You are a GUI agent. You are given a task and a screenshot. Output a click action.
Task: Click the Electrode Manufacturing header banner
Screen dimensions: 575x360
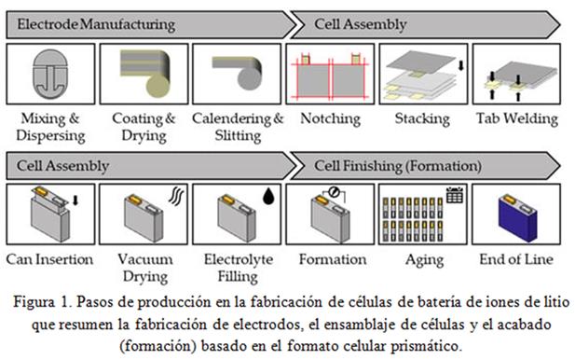[x=150, y=24]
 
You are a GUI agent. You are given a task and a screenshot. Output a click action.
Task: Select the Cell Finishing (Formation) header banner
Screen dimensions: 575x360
[x=425, y=166]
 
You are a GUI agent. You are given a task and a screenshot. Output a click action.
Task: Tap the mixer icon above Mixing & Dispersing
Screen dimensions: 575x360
[x=50, y=74]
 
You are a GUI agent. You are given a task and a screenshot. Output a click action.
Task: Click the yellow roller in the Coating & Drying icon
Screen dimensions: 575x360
[x=158, y=86]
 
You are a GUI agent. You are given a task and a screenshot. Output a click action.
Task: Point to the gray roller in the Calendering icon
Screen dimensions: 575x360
[x=250, y=78]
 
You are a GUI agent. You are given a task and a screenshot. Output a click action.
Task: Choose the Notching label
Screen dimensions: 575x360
[x=331, y=118]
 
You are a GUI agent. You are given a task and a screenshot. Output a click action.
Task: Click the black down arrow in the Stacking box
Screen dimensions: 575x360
[x=461, y=65]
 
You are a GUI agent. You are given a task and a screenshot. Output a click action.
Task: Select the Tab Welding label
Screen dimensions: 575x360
[x=517, y=118]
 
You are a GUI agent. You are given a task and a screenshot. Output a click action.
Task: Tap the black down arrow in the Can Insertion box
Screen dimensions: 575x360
[x=75, y=201]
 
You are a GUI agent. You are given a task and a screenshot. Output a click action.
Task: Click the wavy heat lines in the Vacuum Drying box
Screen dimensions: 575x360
[x=176, y=196]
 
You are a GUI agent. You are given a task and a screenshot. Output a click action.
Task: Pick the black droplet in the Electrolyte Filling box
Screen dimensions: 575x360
[x=268, y=196]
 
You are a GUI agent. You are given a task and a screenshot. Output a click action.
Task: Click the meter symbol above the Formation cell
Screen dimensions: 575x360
[x=334, y=192]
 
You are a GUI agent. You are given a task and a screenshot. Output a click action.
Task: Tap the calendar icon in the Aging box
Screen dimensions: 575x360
[x=455, y=195]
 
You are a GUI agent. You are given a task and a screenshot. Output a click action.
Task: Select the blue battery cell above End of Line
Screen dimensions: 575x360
[x=518, y=218]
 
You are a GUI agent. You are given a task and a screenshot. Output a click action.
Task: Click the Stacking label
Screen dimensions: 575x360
[x=422, y=118]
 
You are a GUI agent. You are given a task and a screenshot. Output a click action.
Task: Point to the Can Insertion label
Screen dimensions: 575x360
[x=49, y=259]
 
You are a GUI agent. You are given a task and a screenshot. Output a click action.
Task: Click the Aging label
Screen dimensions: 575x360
[x=424, y=260]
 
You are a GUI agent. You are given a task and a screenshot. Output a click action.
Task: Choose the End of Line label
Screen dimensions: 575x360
[x=516, y=259]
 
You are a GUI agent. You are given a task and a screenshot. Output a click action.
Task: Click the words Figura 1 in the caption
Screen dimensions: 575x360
[x=43, y=302]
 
